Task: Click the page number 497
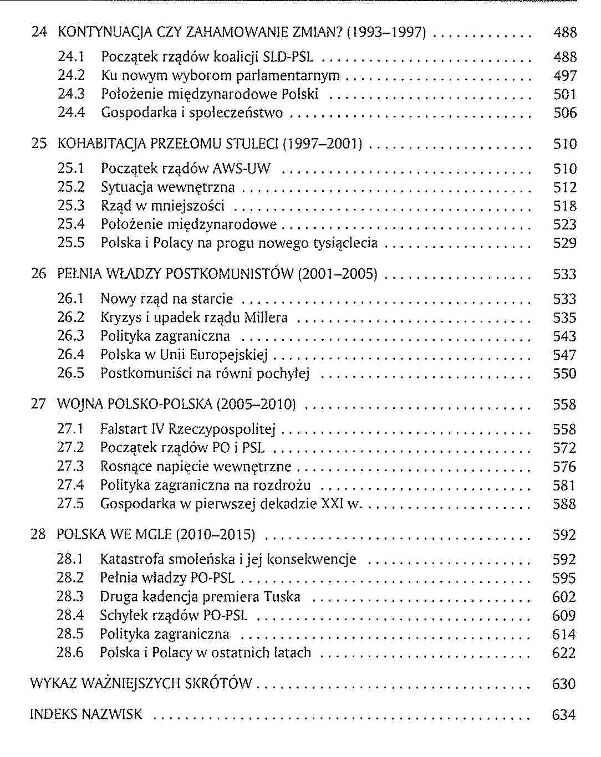(565, 76)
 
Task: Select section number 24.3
(72, 94)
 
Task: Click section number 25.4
(72, 224)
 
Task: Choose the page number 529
(565, 243)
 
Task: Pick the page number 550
(564, 374)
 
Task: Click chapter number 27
(38, 404)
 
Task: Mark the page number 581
(564, 485)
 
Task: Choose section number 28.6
(70, 653)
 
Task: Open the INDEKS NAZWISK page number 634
(564, 715)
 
